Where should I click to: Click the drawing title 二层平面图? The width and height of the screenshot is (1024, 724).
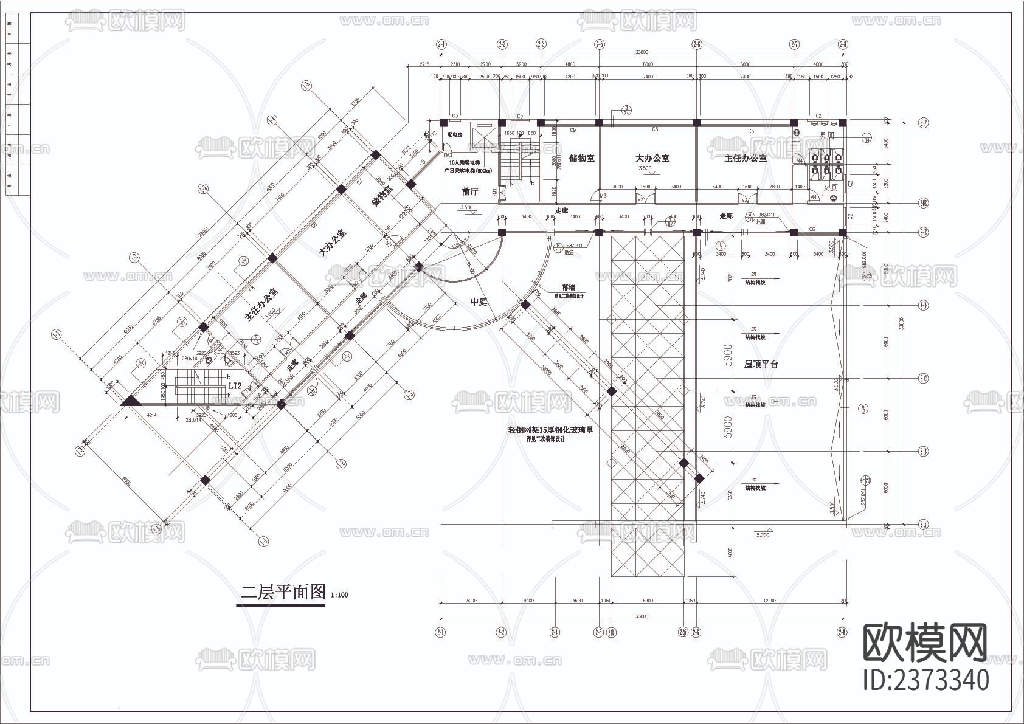(283, 592)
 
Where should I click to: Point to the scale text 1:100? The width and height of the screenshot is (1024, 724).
(340, 596)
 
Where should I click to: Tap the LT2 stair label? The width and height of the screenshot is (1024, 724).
(235, 385)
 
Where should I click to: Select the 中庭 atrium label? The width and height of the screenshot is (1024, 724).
(479, 302)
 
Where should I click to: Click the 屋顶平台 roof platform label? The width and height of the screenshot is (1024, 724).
(761, 364)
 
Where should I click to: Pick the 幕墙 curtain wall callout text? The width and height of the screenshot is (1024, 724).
(568, 288)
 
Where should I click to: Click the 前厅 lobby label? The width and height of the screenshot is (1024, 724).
(470, 191)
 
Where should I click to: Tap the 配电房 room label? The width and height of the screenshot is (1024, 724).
(455, 134)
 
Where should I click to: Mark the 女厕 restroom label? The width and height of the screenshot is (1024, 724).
(830, 188)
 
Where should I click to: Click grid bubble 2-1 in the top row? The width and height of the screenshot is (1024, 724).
(441, 44)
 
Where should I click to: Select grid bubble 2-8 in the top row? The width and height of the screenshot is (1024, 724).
(843, 44)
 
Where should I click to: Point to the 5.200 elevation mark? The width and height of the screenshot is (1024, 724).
(763, 536)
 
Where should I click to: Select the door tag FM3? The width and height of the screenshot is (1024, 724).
(448, 156)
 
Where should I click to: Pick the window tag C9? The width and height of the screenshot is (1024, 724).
(572, 130)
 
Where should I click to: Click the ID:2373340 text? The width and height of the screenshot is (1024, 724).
(926, 680)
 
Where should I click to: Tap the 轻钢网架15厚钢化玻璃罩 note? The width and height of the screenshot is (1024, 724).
(550, 429)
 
